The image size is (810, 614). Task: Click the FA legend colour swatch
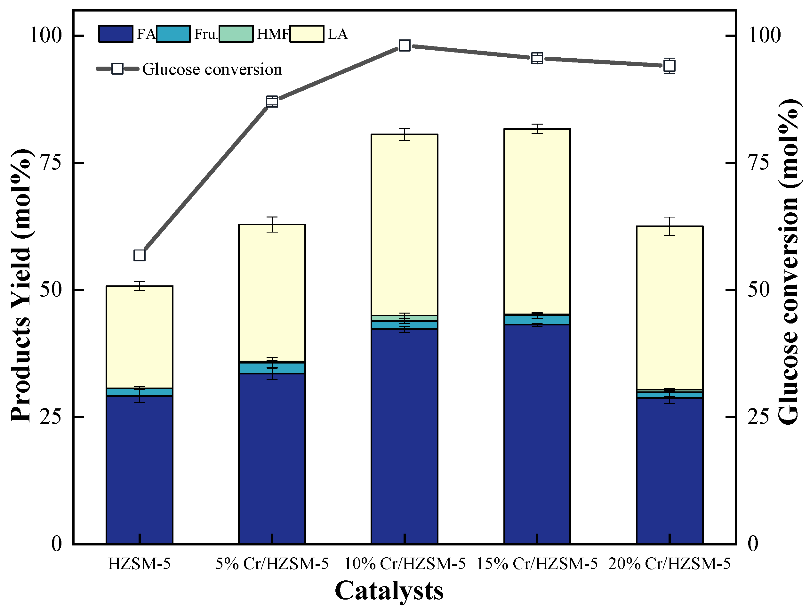(116, 34)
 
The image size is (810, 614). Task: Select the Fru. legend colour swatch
(173, 34)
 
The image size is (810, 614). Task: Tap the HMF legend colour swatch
(236, 34)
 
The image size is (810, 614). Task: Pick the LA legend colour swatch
(307, 34)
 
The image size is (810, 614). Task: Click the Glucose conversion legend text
(212, 69)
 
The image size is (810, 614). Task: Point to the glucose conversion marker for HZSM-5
(140, 255)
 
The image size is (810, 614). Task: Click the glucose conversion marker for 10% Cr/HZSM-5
(405, 45)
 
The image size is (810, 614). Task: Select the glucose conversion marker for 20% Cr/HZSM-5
(670, 66)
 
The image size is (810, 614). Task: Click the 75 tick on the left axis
(50, 163)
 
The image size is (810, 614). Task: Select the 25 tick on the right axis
(758, 417)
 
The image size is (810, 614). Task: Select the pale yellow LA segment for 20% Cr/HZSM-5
(670, 308)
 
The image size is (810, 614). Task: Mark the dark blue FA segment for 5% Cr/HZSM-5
(272, 458)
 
